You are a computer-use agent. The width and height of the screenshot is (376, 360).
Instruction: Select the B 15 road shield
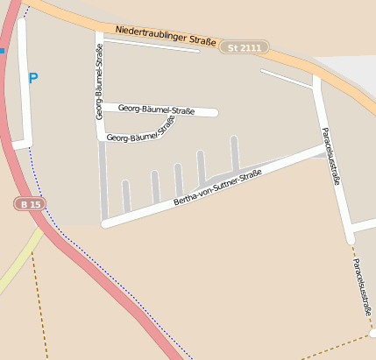tap(29, 203)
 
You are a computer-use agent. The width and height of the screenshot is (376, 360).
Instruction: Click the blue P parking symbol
tap(33, 79)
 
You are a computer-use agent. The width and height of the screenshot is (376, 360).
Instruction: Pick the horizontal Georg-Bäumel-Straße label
tap(156, 109)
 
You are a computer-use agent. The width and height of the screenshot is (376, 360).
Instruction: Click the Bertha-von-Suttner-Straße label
tap(217, 189)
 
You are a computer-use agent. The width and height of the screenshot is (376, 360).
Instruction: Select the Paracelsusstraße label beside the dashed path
tap(362, 288)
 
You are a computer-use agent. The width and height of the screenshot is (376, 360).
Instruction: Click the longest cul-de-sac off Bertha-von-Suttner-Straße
tap(235, 154)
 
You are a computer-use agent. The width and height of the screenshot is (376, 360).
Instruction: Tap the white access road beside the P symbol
tap(24, 88)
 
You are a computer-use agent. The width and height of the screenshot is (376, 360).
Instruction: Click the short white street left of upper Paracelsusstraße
tap(286, 79)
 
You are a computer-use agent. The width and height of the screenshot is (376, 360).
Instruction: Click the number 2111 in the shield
tap(249, 46)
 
